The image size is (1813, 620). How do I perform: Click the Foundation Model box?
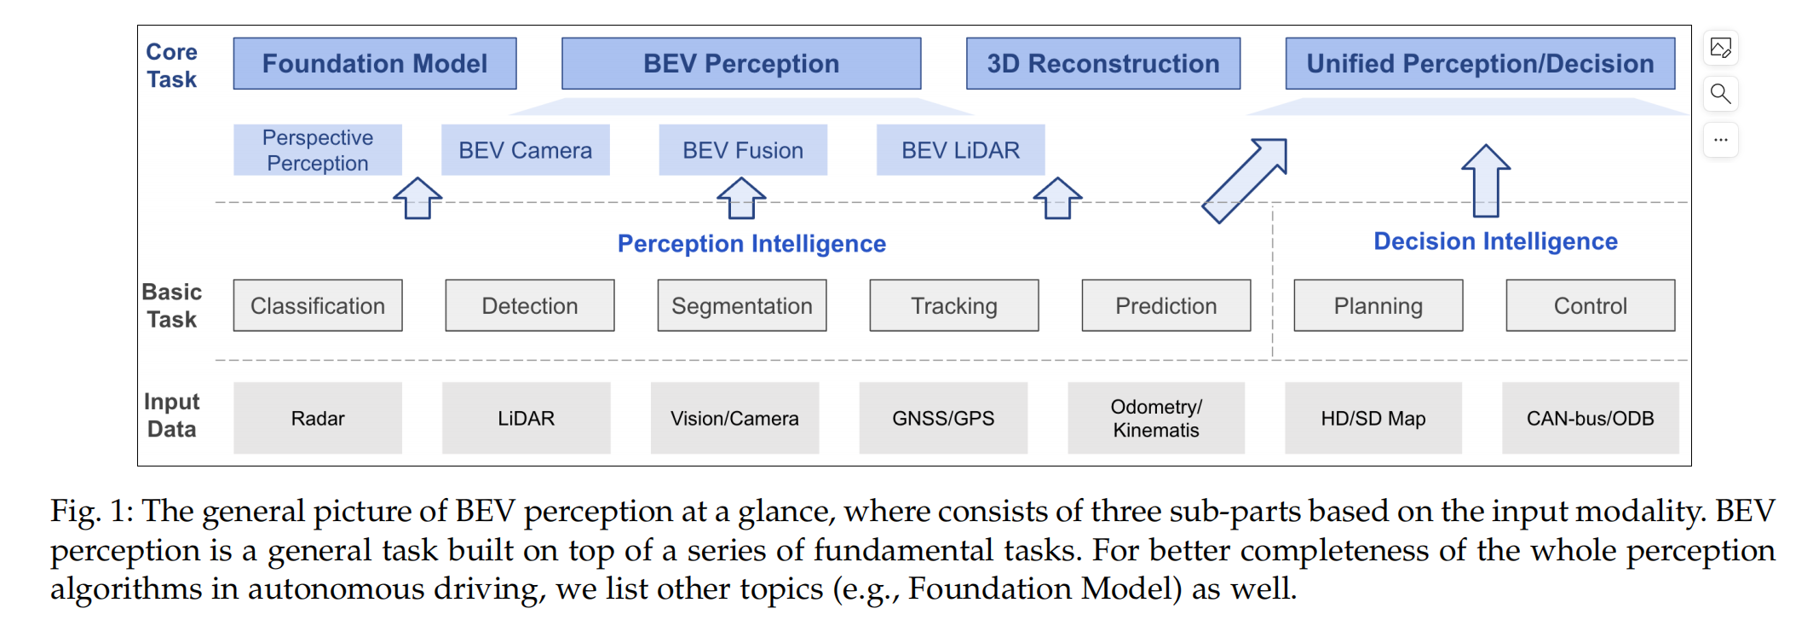pyautogui.click(x=375, y=63)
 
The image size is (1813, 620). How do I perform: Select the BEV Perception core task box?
pyautogui.click(x=741, y=63)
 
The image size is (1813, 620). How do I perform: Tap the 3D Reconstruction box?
pyautogui.click(x=1103, y=63)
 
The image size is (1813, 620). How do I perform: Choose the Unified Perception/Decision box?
pyautogui.click(x=1480, y=63)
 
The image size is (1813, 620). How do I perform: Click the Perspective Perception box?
pyautogui.click(x=318, y=150)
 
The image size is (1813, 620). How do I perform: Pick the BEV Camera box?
pyautogui.click(x=525, y=150)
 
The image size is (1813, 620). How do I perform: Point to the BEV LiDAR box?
pyautogui.click(x=960, y=150)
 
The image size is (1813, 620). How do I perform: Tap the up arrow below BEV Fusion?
pyautogui.click(x=741, y=198)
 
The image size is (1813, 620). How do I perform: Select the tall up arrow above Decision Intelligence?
pyautogui.click(x=1486, y=180)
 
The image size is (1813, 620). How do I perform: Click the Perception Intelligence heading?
pyautogui.click(x=751, y=244)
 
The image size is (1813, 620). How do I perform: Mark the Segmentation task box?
pyautogui.click(x=741, y=305)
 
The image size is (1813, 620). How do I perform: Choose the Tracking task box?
pyautogui.click(x=953, y=305)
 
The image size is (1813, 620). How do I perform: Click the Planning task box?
pyautogui.click(x=1378, y=305)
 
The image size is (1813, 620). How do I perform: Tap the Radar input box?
pyautogui.click(x=318, y=418)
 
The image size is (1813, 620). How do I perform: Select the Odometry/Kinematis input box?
pyautogui.click(x=1155, y=418)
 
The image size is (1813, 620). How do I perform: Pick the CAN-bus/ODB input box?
pyautogui.click(x=1590, y=418)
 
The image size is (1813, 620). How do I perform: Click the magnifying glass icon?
pyautogui.click(x=1720, y=93)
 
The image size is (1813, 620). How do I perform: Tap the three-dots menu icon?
pyautogui.click(x=1720, y=139)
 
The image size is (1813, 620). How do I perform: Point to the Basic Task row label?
pyautogui.click(x=172, y=305)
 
